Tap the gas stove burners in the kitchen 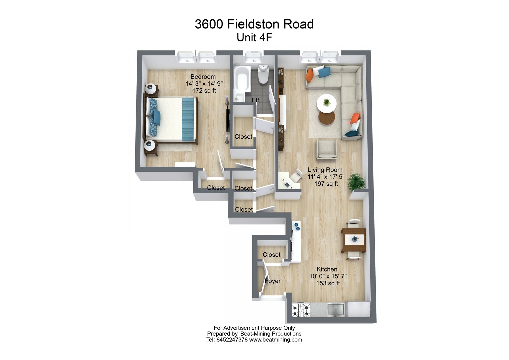pos(301,310)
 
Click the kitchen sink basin pos(336,310)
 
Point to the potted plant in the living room pos(356,182)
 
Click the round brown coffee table pos(327,118)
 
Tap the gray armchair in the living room pos(326,149)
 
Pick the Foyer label pos(273,281)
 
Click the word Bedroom pos(203,77)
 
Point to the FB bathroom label pos(256,100)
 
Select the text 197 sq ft pos(326,184)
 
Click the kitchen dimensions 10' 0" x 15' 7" pos(328,276)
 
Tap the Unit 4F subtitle pos(254,38)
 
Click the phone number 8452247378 pos(232,340)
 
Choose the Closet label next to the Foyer pos(271,255)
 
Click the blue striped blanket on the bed pos(188,119)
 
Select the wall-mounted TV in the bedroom pos(228,120)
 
